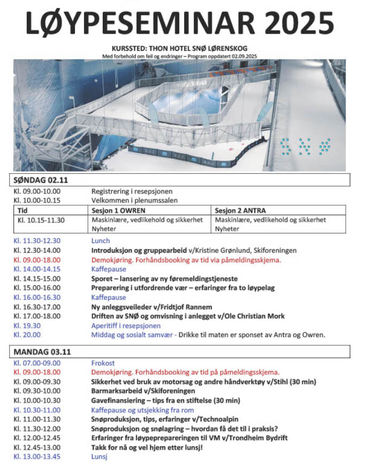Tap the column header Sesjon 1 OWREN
point(118,210)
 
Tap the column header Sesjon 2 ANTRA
point(240,210)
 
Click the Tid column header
point(23,210)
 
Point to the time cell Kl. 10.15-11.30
point(41,220)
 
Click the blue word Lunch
point(101,241)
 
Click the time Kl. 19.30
point(27,325)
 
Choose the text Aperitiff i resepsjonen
point(126,325)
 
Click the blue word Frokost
point(103,363)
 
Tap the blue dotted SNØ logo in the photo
point(304,144)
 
